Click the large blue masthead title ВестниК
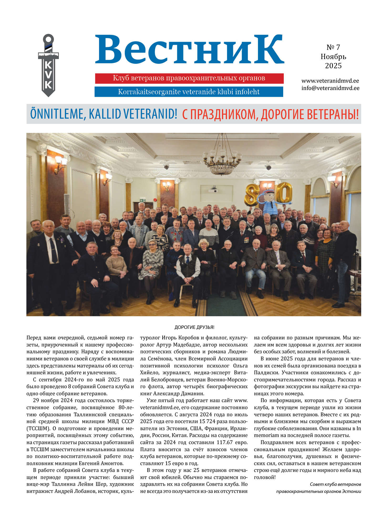189,50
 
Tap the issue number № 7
333,47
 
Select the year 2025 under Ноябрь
333,66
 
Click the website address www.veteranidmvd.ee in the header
330,81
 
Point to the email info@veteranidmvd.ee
330,88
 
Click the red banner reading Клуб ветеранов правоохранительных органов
189,78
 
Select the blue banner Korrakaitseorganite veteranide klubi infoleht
189,92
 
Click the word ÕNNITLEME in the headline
57,114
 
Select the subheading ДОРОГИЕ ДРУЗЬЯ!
194,327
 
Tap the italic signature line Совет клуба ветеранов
335,484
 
